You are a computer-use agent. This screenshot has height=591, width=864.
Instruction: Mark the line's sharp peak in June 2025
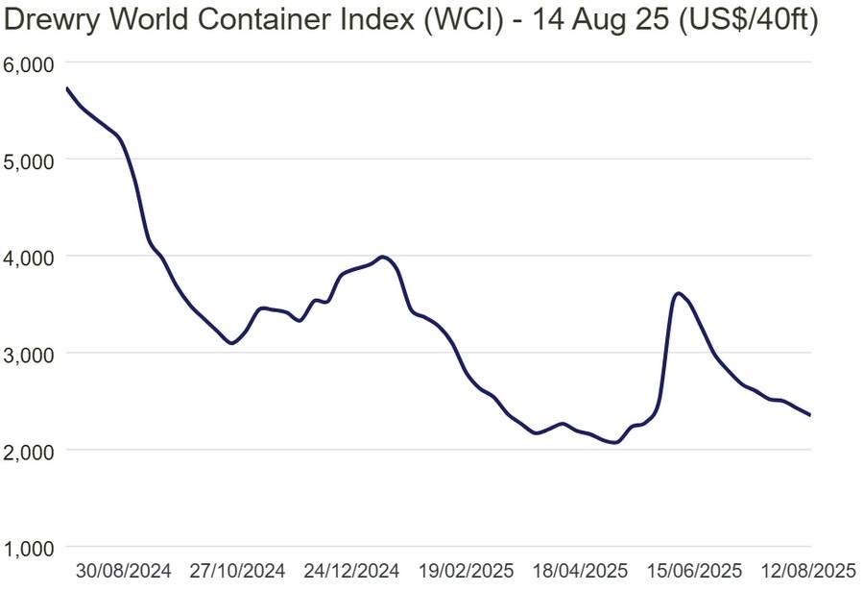click(679, 293)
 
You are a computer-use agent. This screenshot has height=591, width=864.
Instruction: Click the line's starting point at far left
click(66, 88)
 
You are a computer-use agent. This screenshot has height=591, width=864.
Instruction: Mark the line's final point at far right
click(811, 415)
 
